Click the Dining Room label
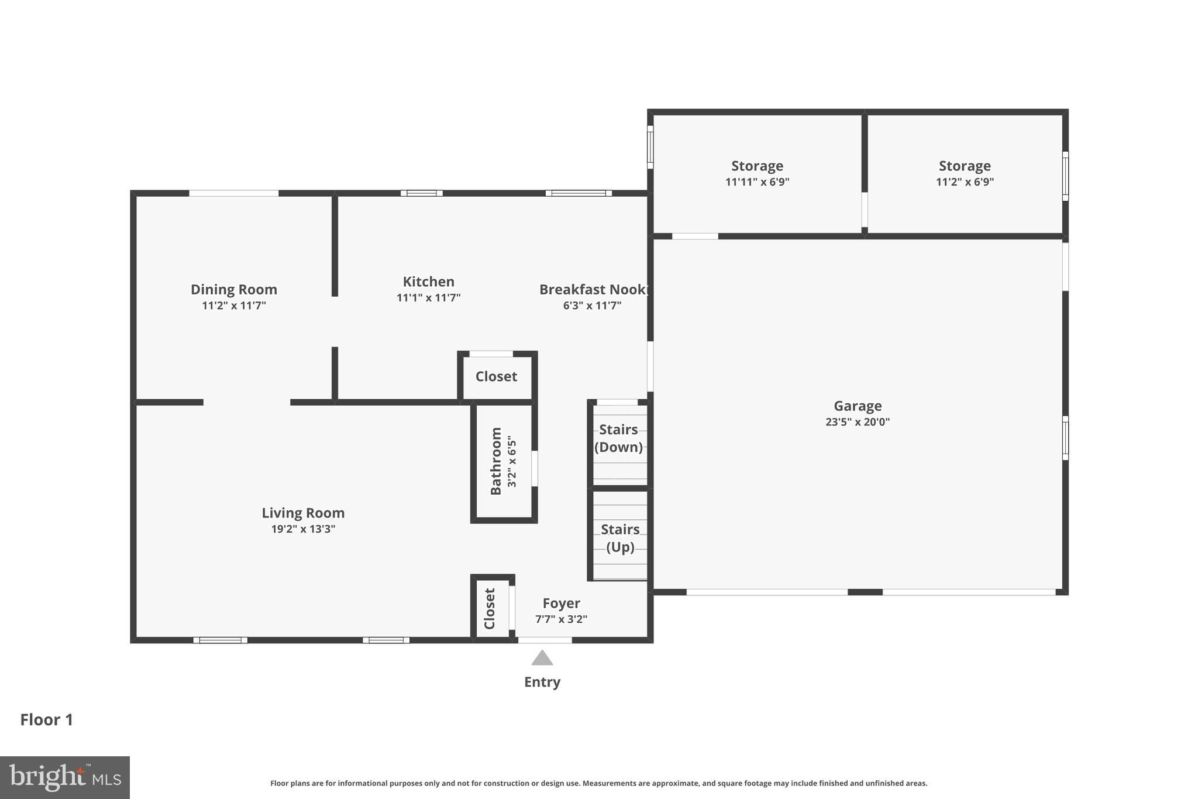tap(233, 289)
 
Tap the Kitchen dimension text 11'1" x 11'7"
tap(428, 297)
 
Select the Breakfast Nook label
tap(593, 289)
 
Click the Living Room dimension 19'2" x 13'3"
tap(303, 529)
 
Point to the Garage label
tap(858, 406)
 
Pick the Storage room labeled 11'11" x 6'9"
tap(757, 173)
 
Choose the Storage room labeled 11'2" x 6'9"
tap(965, 173)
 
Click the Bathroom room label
tap(496, 461)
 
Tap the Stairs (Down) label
tap(618, 438)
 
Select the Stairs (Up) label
tap(620, 537)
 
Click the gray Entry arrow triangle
tap(542, 659)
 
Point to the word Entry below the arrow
tap(542, 682)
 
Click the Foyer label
tap(561, 603)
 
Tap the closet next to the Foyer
tap(490, 609)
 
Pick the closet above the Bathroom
tap(496, 376)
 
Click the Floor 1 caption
tap(47, 719)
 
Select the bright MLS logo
tap(65, 777)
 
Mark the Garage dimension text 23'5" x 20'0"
tap(858, 422)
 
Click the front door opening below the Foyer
tap(545, 640)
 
